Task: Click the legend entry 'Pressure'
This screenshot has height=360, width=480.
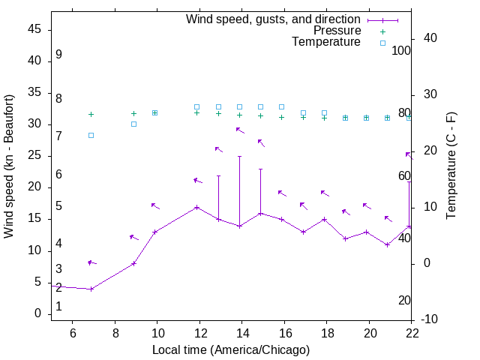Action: pyautogui.click(x=337, y=31)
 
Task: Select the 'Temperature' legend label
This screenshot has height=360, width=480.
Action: pyautogui.click(x=326, y=42)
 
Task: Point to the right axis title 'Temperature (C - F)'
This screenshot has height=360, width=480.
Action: pyautogui.click(x=451, y=166)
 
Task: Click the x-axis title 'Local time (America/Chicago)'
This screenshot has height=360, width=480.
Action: pyautogui.click(x=231, y=349)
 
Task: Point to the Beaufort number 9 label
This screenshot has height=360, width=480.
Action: pyautogui.click(x=58, y=55)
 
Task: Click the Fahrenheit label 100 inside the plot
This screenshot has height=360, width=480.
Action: pyautogui.click(x=401, y=50)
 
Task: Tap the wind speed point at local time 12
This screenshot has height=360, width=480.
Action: pyautogui.click(x=196, y=207)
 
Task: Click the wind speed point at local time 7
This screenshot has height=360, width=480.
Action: pyautogui.click(x=91, y=289)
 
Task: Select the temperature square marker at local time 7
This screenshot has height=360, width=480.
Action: pyautogui.click(x=91, y=135)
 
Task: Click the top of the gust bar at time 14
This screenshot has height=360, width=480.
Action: pyautogui.click(x=239, y=157)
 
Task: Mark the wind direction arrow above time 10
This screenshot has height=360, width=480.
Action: pyautogui.click(x=154, y=205)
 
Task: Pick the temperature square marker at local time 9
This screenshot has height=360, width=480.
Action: pyautogui.click(x=133, y=124)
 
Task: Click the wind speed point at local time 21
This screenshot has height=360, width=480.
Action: pyautogui.click(x=387, y=244)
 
